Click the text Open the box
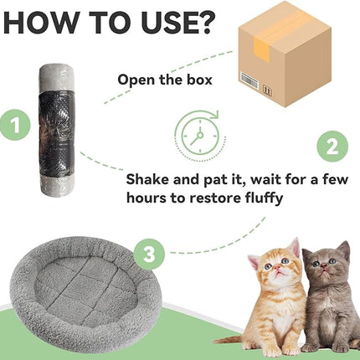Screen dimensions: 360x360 (x=164, y=80)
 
